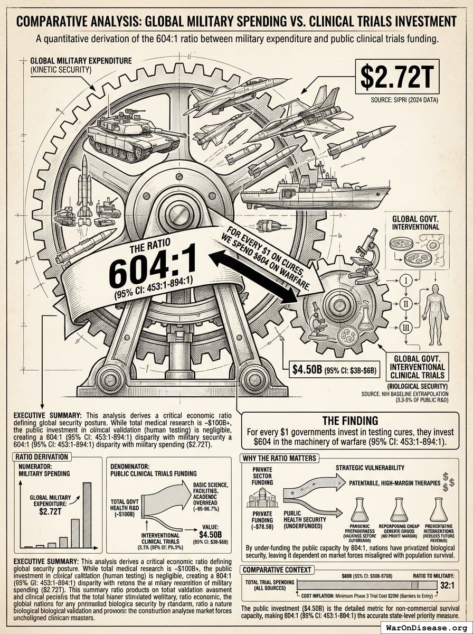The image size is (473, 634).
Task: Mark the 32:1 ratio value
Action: pos(447,585)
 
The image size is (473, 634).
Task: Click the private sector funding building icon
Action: pos(262,497)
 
